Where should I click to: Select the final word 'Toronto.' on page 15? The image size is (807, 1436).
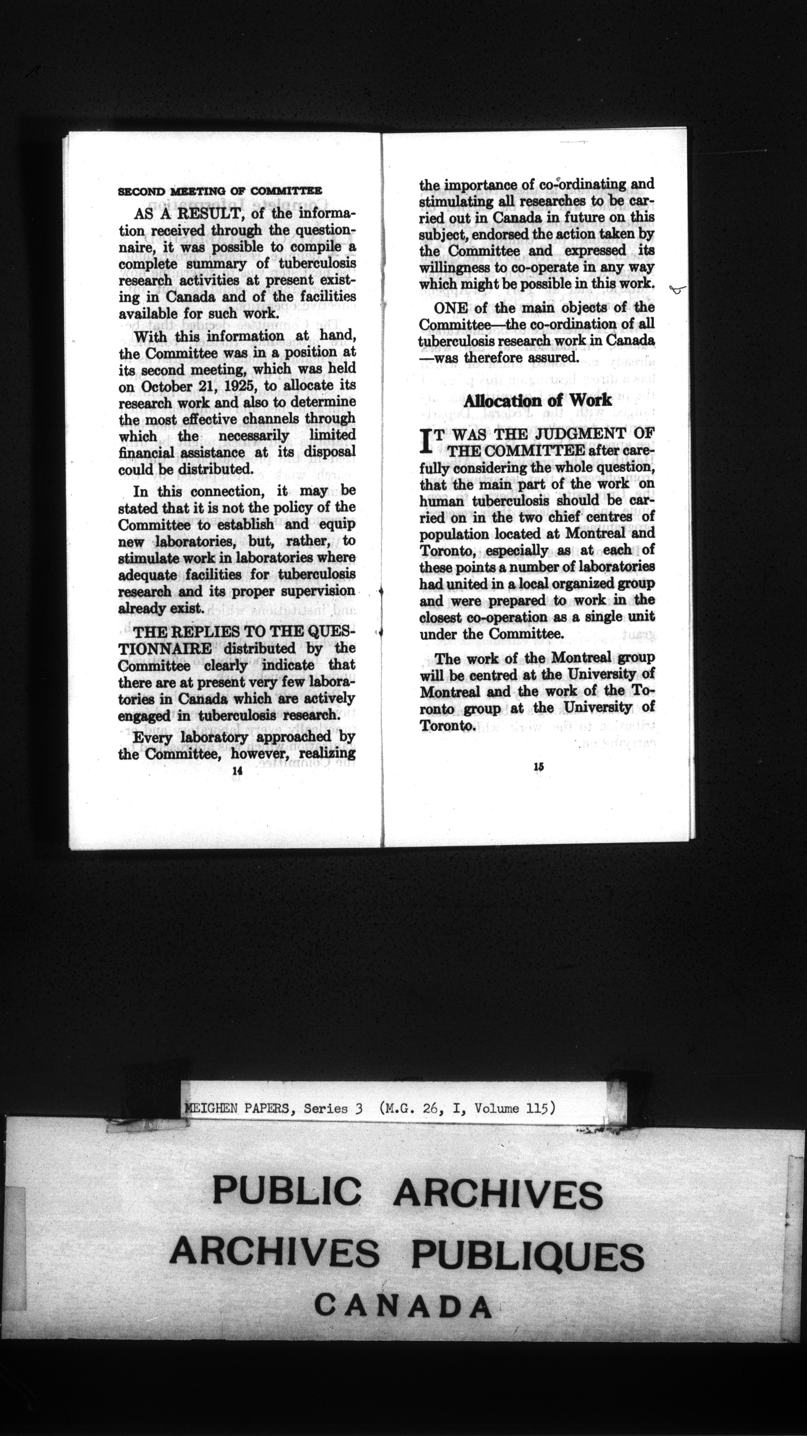pos(447,725)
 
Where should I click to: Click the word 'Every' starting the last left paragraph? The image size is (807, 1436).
pos(151,738)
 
